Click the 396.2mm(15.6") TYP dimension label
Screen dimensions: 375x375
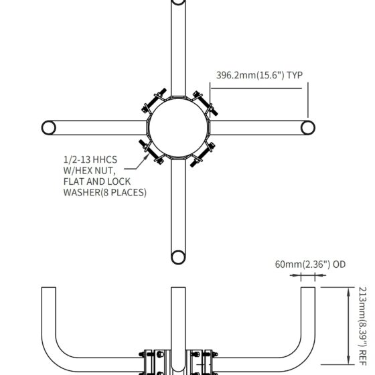coord(259,75)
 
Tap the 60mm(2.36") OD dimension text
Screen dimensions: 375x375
coord(310,265)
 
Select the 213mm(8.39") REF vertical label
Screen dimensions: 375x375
coord(362,326)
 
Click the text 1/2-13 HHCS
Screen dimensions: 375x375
coord(90,159)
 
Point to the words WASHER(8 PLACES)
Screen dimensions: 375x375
coord(104,193)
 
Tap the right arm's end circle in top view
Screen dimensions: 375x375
coord(307,128)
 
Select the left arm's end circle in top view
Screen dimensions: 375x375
coord(48,128)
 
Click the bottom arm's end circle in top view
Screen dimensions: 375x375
coord(178,257)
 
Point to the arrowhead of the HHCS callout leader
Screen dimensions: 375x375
coord(147,157)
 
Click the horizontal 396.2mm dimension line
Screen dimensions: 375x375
coord(256,88)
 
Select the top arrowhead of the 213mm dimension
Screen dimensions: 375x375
coord(349,291)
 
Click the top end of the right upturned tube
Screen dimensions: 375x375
coord(308,287)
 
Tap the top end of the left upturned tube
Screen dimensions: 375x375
coord(49,287)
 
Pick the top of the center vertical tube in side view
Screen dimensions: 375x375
coord(178,287)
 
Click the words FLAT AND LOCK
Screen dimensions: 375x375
coord(97,181)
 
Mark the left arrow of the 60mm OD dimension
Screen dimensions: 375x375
coord(295,275)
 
